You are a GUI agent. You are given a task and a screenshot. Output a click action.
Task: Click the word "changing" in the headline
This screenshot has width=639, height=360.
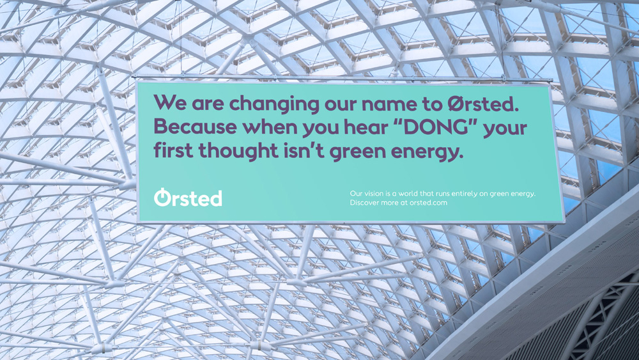pos(274,104)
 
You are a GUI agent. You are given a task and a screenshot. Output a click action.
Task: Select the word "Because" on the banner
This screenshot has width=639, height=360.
pos(195,127)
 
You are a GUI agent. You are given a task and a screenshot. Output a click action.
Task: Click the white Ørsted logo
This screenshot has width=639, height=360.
pos(188,198)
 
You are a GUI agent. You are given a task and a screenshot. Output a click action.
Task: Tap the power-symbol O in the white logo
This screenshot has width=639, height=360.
pos(162,198)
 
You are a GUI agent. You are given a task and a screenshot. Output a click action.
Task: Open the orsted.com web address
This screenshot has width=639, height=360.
pos(428,203)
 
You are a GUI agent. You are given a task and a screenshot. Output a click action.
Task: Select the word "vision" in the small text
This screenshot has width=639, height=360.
pos(374,193)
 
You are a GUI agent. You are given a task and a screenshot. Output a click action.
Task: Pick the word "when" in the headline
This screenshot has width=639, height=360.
pos(270,127)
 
